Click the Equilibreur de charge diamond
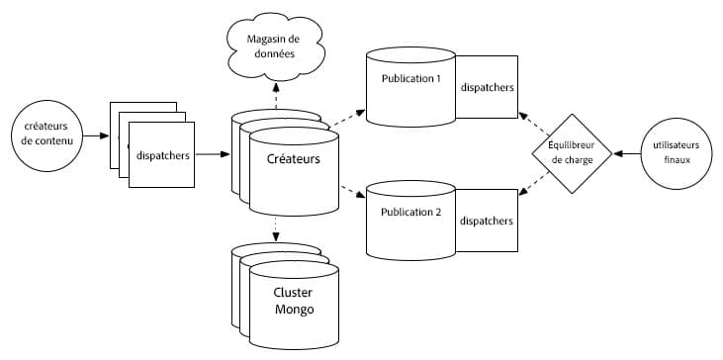point(561,153)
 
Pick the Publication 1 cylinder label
point(410,78)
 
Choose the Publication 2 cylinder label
point(410,212)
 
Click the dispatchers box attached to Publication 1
point(487,88)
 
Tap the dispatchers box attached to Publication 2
point(487,221)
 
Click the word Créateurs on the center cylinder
point(293,158)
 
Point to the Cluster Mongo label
point(293,302)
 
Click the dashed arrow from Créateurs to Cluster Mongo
point(276,228)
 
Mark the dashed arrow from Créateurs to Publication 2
point(352,192)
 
